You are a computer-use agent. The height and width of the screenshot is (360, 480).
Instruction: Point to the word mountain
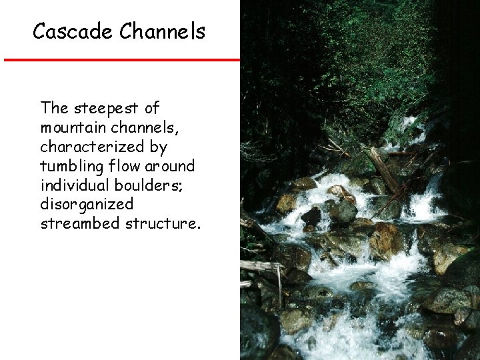69,127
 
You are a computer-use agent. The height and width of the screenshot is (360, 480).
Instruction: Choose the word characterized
93,146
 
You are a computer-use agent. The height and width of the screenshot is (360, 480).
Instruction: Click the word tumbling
69,165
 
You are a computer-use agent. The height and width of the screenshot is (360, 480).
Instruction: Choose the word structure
162,223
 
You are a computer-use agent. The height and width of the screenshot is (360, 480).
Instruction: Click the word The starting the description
54,108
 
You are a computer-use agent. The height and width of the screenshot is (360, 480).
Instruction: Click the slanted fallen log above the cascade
385,169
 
